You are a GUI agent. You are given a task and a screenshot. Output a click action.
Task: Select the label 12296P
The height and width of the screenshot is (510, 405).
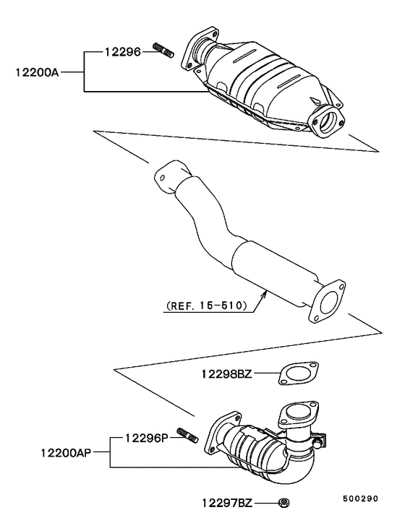(148, 438)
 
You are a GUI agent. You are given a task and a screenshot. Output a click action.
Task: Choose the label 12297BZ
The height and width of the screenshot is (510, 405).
(227, 501)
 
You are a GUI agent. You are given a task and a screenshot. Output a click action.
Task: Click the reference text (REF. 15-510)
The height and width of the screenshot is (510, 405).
(205, 306)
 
